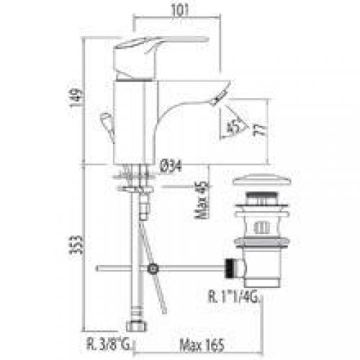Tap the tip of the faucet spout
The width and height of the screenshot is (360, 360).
click(x=222, y=91)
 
